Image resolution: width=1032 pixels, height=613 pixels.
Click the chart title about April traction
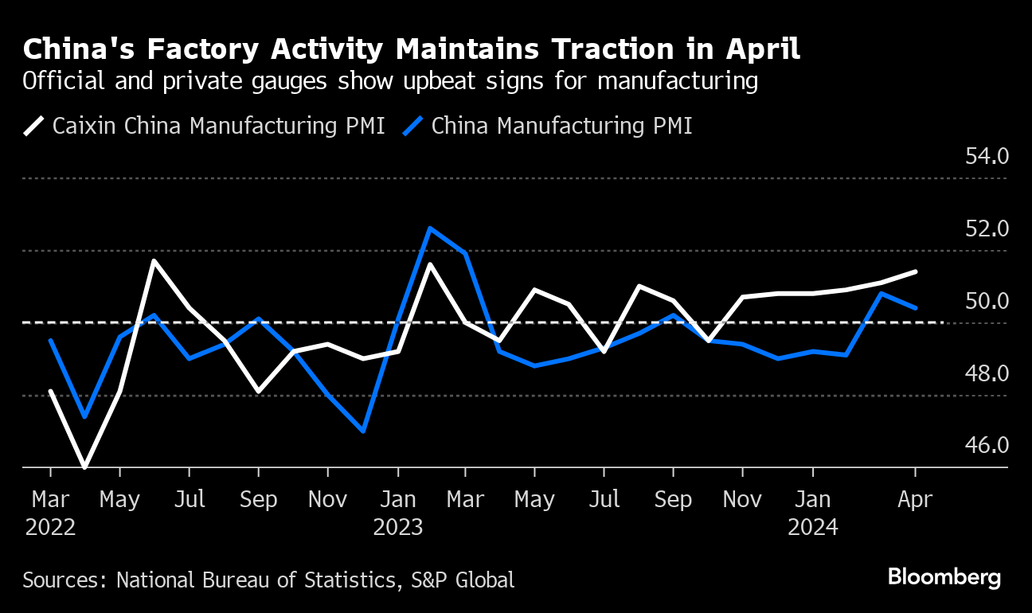tap(412, 50)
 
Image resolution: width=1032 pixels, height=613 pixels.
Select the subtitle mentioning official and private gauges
tap(390, 81)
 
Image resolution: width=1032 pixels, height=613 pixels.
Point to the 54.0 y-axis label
tap(987, 156)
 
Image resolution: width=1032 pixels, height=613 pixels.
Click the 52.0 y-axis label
tap(987, 229)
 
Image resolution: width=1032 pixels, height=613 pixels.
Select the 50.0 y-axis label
tap(987, 302)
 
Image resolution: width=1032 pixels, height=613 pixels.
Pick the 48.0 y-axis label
tap(987, 373)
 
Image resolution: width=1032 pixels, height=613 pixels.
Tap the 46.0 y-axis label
tap(987, 445)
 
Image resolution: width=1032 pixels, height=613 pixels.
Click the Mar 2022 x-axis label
tap(51, 513)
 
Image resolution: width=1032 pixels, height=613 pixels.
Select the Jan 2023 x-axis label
tap(398, 513)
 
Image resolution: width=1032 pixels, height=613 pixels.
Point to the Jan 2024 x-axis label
tap(812, 513)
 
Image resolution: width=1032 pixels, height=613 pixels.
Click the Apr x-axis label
tap(915, 500)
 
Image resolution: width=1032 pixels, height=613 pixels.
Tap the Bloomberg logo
tap(944, 577)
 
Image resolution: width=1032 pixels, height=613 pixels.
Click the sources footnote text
tap(268, 580)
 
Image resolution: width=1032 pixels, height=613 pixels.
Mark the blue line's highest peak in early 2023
tap(430, 228)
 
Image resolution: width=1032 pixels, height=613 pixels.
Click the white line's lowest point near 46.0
tap(84, 467)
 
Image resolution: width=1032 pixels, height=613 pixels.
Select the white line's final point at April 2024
tap(916, 271)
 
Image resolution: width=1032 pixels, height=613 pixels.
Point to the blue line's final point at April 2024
tap(916, 307)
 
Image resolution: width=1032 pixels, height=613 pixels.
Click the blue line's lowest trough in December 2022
tap(363, 431)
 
